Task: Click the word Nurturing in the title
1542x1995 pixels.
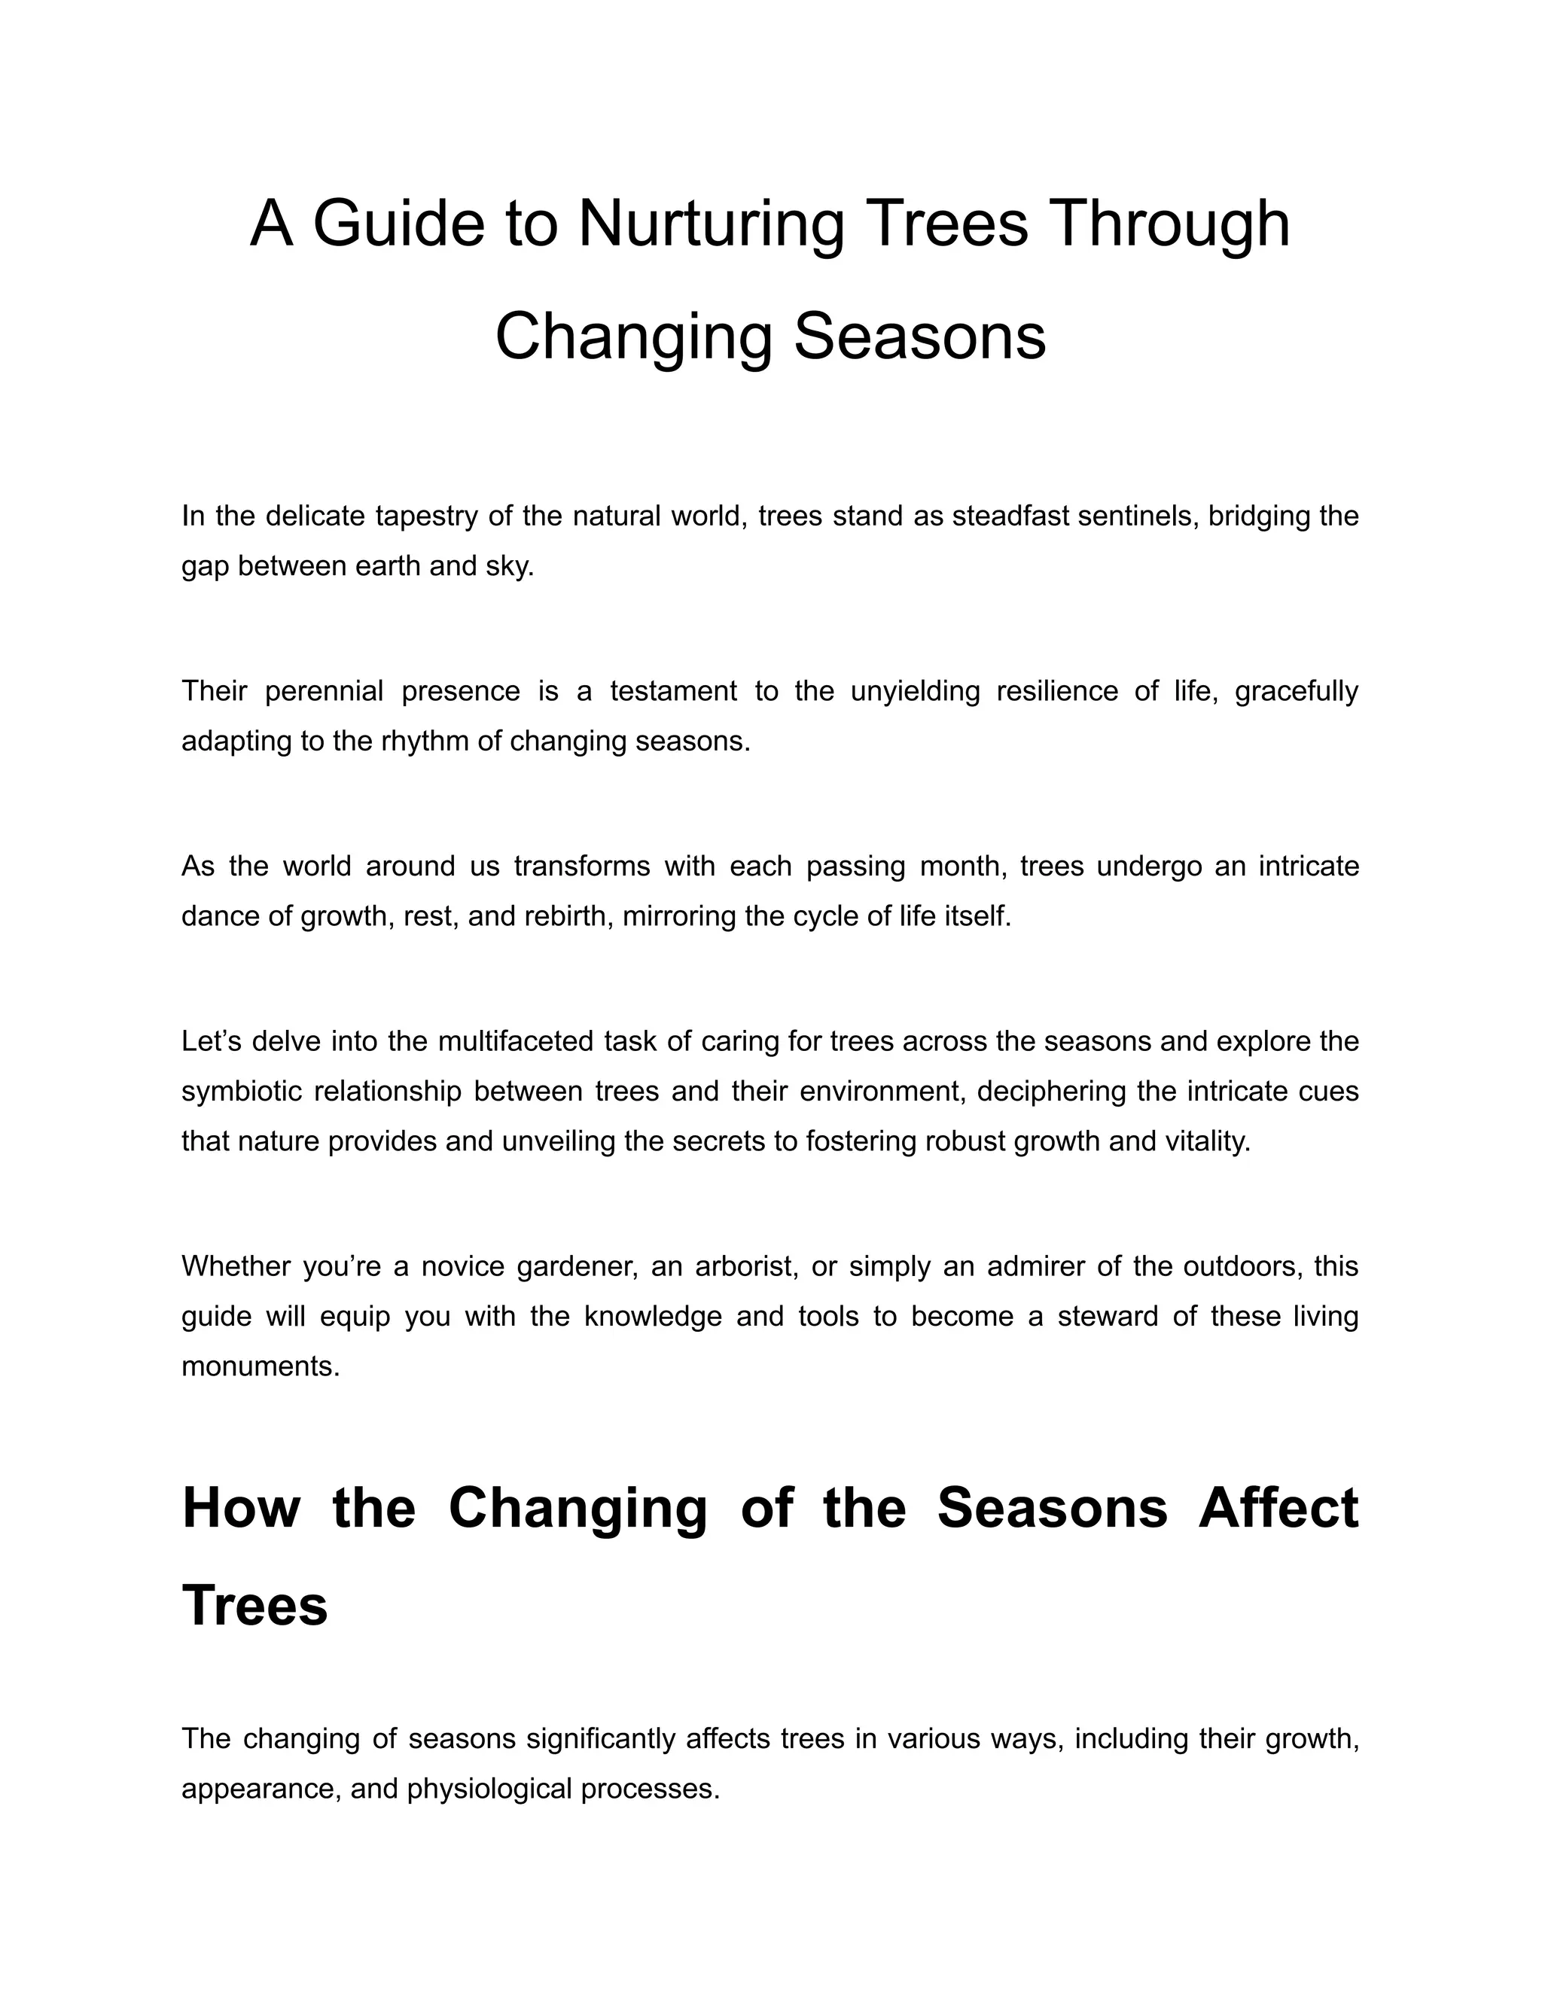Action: pos(711,224)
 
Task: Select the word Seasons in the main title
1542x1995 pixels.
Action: pos(919,337)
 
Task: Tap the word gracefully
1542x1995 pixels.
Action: pos(1297,692)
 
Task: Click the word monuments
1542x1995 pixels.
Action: pos(261,1366)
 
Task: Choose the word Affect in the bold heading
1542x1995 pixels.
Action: pos(1278,1508)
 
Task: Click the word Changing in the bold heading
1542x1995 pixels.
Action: pos(577,1508)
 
